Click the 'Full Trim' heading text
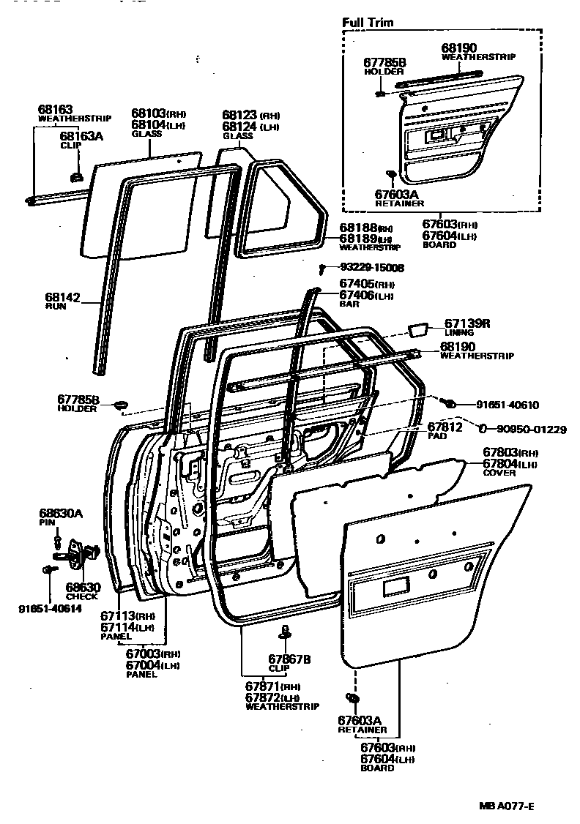click(368, 23)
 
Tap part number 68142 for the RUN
click(61, 297)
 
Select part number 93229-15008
click(371, 268)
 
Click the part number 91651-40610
click(507, 404)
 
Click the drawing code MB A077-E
click(506, 806)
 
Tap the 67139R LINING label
click(464, 323)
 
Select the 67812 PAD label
click(445, 427)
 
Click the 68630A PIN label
click(60, 514)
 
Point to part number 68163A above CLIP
click(81, 136)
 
